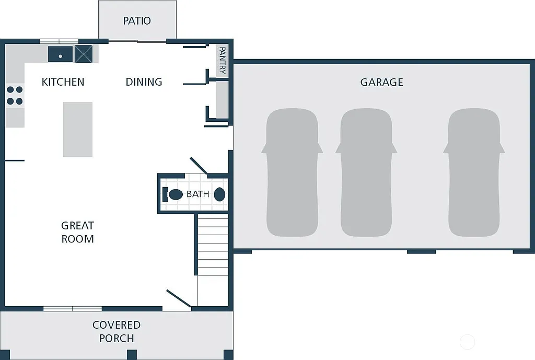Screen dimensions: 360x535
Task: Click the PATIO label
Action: (x=137, y=21)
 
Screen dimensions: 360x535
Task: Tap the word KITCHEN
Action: (x=63, y=82)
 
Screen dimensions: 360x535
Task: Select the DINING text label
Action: (x=144, y=82)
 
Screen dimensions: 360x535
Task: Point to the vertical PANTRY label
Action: (x=222, y=61)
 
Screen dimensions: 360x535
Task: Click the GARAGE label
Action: (x=381, y=82)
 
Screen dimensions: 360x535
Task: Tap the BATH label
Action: (x=197, y=194)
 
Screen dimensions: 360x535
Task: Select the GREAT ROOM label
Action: (x=78, y=232)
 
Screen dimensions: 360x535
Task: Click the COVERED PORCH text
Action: (x=117, y=331)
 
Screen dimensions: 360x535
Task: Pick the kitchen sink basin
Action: (x=61, y=54)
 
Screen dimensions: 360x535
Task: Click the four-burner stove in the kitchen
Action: (x=15, y=95)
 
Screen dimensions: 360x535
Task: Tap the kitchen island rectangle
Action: (x=78, y=129)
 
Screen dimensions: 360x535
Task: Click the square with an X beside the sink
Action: (x=83, y=54)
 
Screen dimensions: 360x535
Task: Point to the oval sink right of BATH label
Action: (x=220, y=194)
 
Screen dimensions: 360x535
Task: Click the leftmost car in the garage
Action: (x=292, y=172)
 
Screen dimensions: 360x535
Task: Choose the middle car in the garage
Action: (x=366, y=172)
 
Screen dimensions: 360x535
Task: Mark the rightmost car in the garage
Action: (x=474, y=172)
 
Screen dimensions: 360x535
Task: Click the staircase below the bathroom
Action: (x=213, y=246)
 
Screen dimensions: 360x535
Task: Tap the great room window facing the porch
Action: (x=73, y=308)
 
